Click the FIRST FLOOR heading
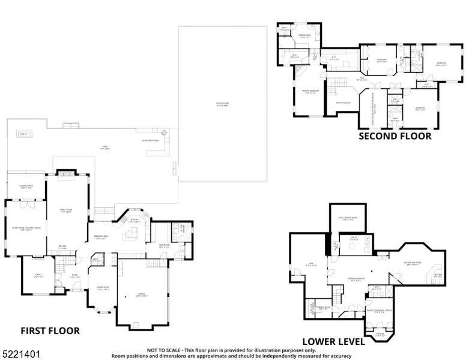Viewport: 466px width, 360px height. click(50, 331)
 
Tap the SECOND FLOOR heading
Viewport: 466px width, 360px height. click(395, 136)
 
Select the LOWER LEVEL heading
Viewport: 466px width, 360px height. click(333, 341)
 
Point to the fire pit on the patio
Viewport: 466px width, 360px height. click(23, 133)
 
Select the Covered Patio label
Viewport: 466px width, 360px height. click(25, 187)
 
